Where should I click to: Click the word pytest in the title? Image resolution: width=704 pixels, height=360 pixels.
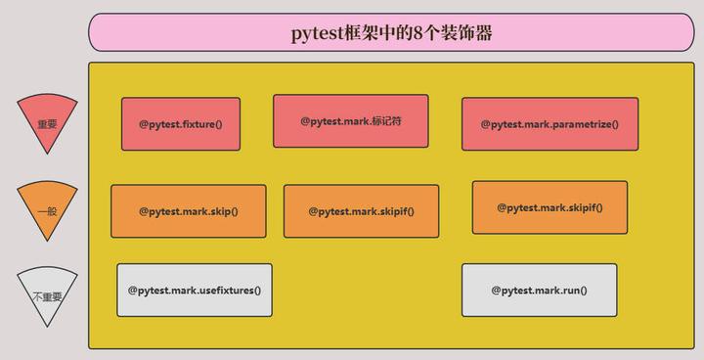317,33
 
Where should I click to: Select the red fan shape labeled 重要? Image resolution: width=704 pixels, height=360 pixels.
47,121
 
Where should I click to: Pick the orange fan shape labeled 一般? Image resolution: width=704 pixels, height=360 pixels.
47,208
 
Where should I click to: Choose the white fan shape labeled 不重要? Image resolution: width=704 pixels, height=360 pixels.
47,293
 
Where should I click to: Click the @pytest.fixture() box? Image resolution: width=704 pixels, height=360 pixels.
181,124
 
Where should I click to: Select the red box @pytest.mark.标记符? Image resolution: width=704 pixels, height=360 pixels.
350,120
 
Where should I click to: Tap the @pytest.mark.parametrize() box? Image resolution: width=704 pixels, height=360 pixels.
550,124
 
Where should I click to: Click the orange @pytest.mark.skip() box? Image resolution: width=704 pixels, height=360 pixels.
188,210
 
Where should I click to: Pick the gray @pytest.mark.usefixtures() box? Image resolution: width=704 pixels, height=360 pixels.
194,290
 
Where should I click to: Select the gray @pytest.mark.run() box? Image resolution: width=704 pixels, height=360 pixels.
539,290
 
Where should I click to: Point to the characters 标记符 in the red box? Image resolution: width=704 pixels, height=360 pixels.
386,120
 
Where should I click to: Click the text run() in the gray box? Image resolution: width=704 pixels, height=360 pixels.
573,290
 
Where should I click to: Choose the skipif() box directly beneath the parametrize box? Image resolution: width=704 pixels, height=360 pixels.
550,206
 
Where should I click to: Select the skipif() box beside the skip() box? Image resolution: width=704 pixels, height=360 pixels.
361,210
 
